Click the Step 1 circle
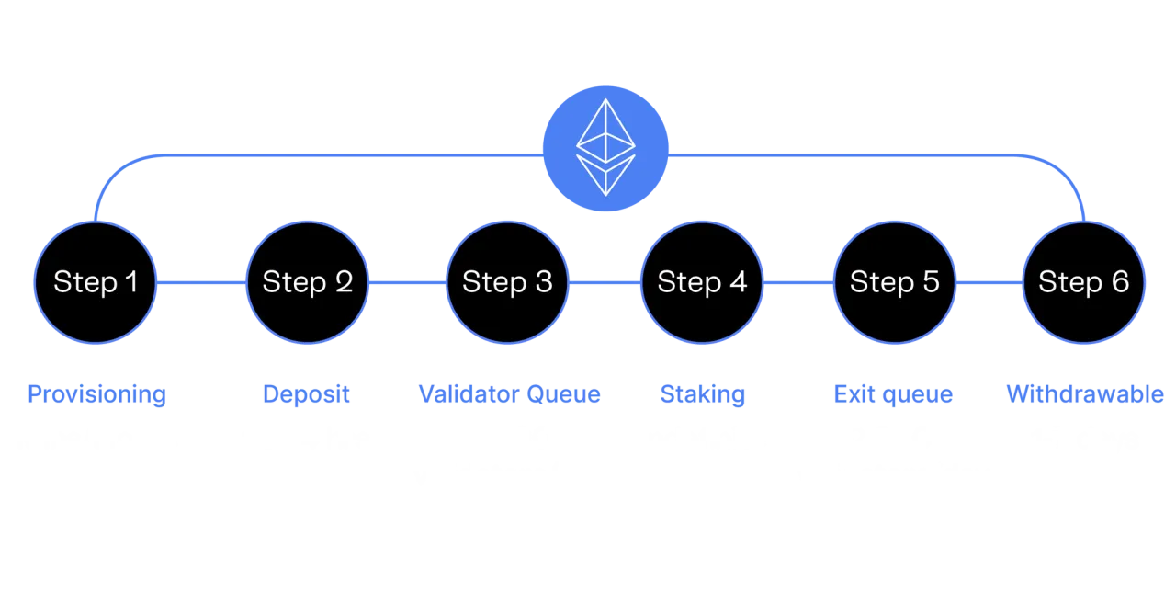(96, 282)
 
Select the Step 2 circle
(308, 282)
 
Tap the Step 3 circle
(507, 282)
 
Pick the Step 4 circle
(702, 282)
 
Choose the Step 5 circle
(895, 282)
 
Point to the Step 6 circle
(1084, 282)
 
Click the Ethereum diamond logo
(605, 149)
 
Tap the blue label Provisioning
(96, 394)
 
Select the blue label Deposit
(307, 394)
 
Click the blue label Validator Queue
(509, 394)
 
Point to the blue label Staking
(703, 394)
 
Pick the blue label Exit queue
(893, 394)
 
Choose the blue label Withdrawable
(1085, 394)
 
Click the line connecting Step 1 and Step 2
(202, 283)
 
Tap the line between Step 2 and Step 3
(407, 283)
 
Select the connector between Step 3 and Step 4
(605, 283)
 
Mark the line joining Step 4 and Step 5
(798, 283)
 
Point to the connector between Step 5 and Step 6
(989, 283)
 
